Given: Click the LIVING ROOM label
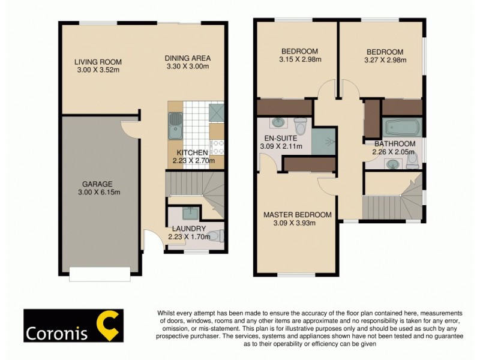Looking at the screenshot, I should pyautogui.click(x=98, y=62).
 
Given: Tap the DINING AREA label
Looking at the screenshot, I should pyautogui.click(x=188, y=58).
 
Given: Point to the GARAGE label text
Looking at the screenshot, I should pyautogui.click(x=97, y=184).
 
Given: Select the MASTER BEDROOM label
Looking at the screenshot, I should pyautogui.click(x=298, y=215).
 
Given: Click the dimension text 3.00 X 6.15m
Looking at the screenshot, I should pyautogui.click(x=98, y=193).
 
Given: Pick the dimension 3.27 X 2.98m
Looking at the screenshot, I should pyautogui.click(x=385, y=60).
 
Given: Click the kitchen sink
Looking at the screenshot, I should pyautogui.click(x=175, y=123).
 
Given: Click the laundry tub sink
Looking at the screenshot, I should pyautogui.click(x=190, y=212).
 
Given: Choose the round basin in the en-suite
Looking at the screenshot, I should pyautogui.click(x=278, y=123).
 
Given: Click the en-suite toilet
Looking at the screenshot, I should pyautogui.click(x=301, y=126).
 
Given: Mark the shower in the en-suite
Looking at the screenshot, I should pyautogui.click(x=323, y=142).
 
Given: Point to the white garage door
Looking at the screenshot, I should pyautogui.click(x=99, y=274).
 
